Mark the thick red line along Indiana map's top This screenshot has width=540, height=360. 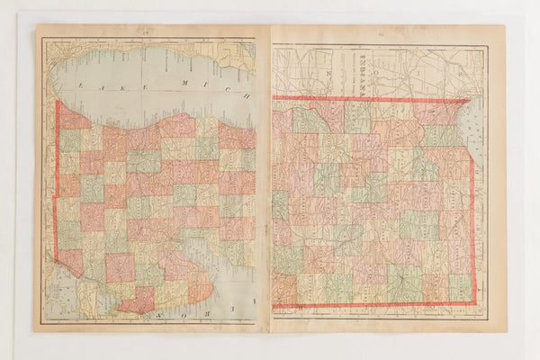pyautogui.click(x=369, y=98)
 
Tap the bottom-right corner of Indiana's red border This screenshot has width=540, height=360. pyautogui.click(x=474, y=302)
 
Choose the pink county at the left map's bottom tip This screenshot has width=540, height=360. pyautogui.click(x=137, y=301)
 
